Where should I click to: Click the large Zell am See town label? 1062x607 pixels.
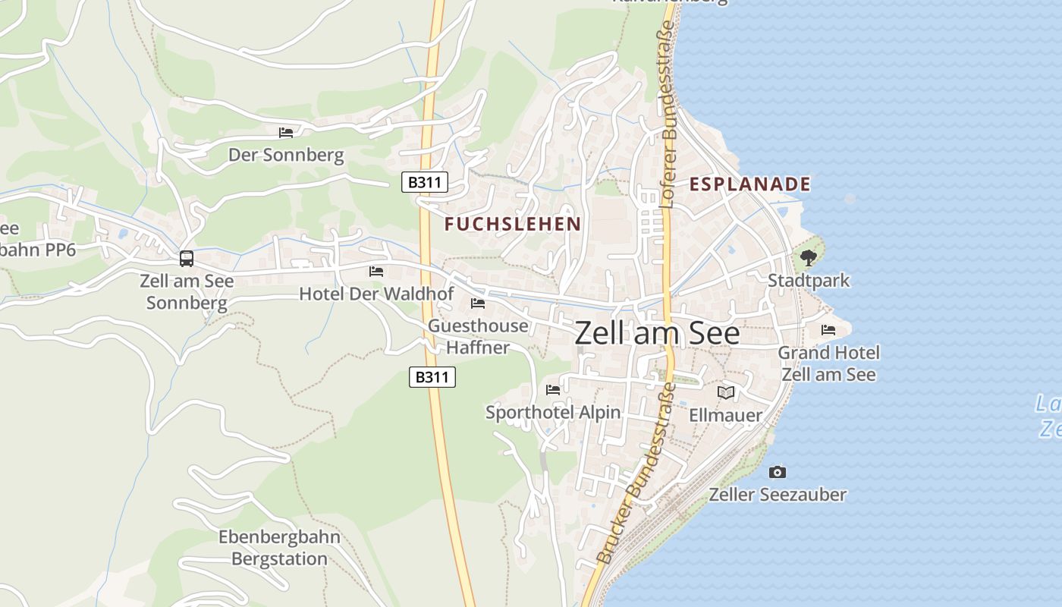pyautogui.click(x=657, y=333)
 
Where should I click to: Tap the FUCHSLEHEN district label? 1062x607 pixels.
pyautogui.click(x=513, y=224)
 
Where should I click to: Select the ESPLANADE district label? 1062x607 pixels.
pyautogui.click(x=749, y=184)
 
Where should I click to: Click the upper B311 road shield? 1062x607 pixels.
pyautogui.click(x=425, y=182)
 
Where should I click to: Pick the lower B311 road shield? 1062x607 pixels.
pyautogui.click(x=432, y=376)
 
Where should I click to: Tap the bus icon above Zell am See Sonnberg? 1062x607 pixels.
pyautogui.click(x=187, y=259)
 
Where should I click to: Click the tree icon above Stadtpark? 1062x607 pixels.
pyautogui.click(x=809, y=258)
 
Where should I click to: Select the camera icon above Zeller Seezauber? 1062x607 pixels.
pyautogui.click(x=778, y=472)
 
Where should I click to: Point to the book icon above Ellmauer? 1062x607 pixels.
pyautogui.click(x=726, y=392)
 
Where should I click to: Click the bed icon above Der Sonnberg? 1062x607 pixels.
pyautogui.click(x=286, y=132)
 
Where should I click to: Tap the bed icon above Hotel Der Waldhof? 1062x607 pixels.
pyautogui.click(x=376, y=271)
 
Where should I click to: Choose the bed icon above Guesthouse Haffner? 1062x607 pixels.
pyautogui.click(x=478, y=303)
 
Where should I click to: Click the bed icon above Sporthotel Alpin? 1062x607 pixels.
pyautogui.click(x=553, y=390)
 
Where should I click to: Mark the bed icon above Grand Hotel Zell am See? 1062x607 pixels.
pyautogui.click(x=828, y=330)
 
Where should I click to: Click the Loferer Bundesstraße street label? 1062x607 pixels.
pyautogui.click(x=668, y=114)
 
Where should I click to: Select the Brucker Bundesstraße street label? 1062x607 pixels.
pyautogui.click(x=637, y=474)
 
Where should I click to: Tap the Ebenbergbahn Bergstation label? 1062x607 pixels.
pyautogui.click(x=279, y=549)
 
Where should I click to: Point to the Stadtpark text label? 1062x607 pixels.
pyautogui.click(x=809, y=281)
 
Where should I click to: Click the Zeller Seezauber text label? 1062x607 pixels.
pyautogui.click(x=778, y=495)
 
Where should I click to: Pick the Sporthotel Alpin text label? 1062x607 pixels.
pyautogui.click(x=553, y=413)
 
